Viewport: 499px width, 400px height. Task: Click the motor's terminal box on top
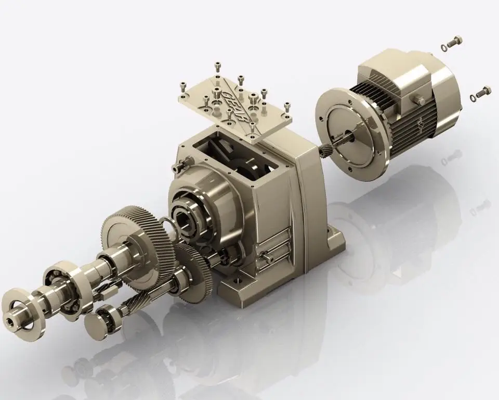pos(395,70)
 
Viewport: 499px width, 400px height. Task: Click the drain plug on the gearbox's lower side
pos(267,255)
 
